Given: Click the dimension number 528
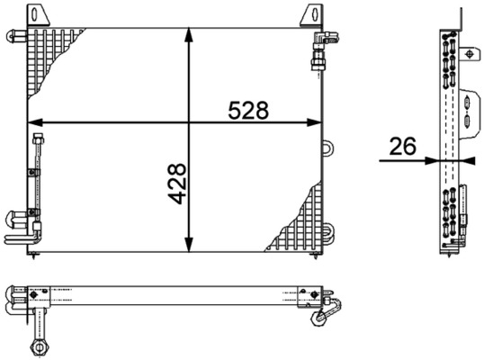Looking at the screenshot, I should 248,110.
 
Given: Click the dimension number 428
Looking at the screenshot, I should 176,183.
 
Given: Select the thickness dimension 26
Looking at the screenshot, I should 402,147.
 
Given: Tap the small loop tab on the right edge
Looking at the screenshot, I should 328,147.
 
